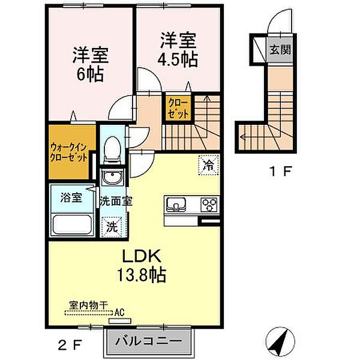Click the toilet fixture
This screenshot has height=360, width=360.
112,150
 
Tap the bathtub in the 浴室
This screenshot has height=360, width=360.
73,224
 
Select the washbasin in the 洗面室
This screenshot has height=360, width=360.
112,177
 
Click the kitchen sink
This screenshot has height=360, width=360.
176,204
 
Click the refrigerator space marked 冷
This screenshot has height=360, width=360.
208,165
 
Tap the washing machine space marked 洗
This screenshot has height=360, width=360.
112,227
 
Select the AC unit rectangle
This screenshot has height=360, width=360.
120,320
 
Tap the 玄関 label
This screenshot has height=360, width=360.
280,50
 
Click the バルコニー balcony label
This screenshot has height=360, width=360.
148,341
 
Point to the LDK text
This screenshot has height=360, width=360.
141,256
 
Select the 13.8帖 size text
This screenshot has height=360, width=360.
142,275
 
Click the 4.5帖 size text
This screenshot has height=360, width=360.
178,59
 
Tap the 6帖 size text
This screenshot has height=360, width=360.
89,74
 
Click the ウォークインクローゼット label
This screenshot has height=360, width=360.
69,152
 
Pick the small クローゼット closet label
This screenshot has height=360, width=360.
179,107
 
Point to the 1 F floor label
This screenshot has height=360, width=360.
281,171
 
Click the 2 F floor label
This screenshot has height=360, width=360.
70,344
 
